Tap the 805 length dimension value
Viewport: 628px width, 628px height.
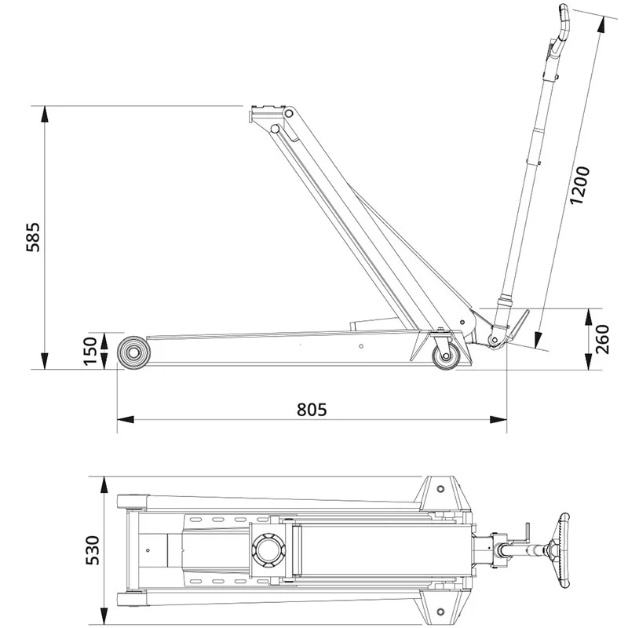(x=311, y=409)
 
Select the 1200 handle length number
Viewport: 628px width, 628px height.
(x=580, y=185)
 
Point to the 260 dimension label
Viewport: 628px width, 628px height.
(x=602, y=339)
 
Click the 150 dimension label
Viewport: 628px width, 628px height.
(x=92, y=351)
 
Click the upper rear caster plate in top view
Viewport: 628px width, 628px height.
(x=442, y=490)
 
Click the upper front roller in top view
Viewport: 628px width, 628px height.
(x=131, y=500)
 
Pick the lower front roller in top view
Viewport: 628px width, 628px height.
(x=131, y=600)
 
